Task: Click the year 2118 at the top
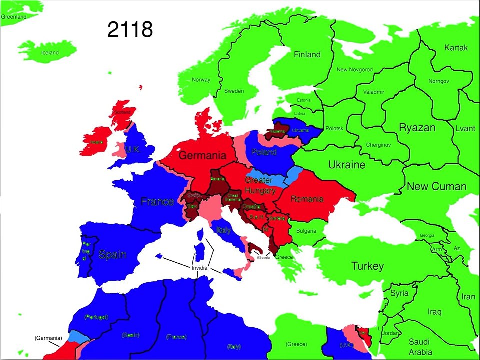pos(130,30)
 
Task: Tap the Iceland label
pos(50,53)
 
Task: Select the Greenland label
pos(13,17)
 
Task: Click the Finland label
pos(307,55)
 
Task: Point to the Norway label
pos(201,80)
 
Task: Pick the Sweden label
pos(234,91)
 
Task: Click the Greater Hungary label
pos(259,185)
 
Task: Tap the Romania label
pos(307,199)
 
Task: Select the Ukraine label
pos(347,165)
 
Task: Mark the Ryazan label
pos(417,128)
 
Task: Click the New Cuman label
pos(436,187)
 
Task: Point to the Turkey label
pos(367,266)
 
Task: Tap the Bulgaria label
pos(306,231)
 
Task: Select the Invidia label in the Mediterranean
pos(199,268)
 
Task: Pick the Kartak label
pos(456,48)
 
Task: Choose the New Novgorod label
pos(354,70)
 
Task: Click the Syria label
pos(399,293)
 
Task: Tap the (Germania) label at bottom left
pos(48,338)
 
